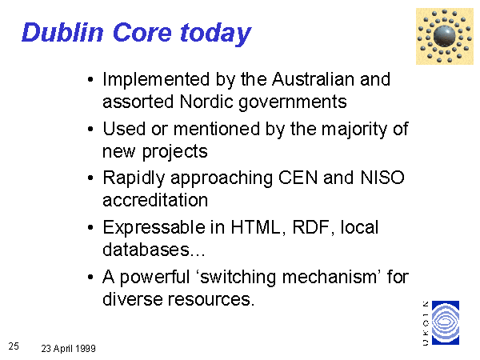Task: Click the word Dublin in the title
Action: [x=62, y=32]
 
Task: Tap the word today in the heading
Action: [x=216, y=34]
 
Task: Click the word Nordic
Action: [x=206, y=102]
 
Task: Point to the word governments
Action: [x=293, y=103]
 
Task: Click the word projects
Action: [x=174, y=152]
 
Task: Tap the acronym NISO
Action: [x=382, y=178]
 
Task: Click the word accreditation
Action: [x=155, y=200]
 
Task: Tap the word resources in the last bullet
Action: [x=211, y=299]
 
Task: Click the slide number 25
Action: [x=14, y=346]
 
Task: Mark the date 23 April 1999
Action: [x=68, y=348]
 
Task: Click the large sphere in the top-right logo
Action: [x=445, y=36]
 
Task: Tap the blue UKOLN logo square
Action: [x=446, y=322]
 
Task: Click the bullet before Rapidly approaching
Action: [x=90, y=178]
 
